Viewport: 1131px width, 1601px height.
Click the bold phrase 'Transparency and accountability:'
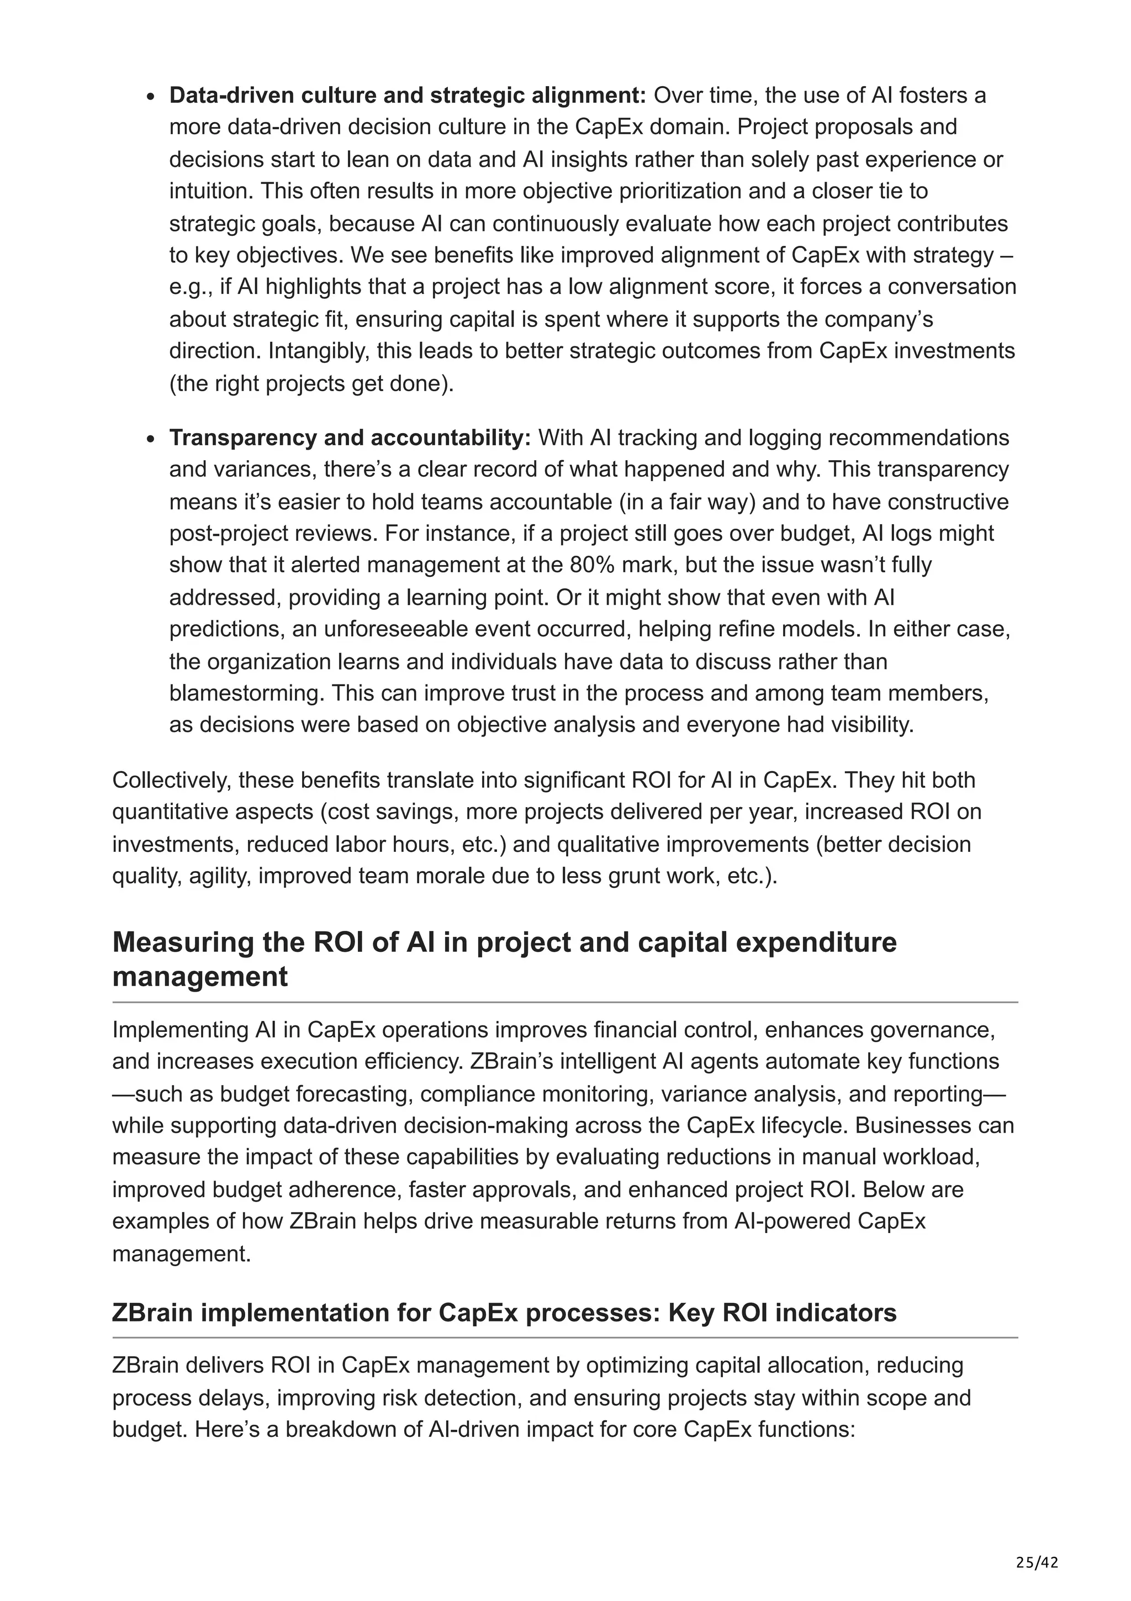pyautogui.click(x=350, y=438)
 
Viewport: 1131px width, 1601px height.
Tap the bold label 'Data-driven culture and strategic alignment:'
pyautogui.click(x=408, y=95)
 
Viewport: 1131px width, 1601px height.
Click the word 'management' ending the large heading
pyautogui.click(x=199, y=976)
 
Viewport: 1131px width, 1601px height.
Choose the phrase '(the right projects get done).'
pyautogui.click(x=311, y=383)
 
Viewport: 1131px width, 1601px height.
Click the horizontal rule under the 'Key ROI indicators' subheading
pyautogui.click(x=564, y=1338)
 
